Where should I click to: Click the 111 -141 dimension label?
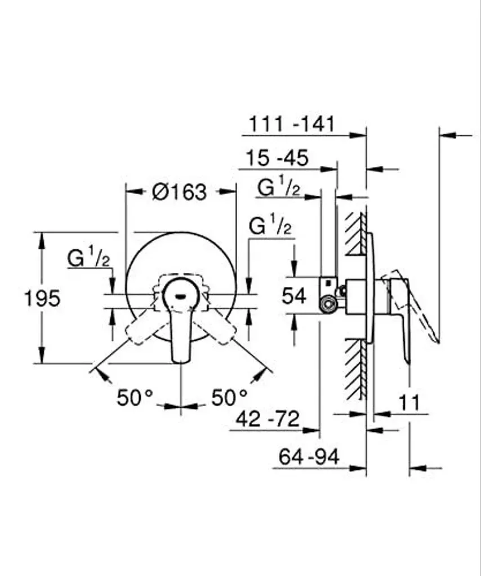pyautogui.click(x=292, y=124)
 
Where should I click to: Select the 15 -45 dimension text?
pyautogui.click(x=277, y=158)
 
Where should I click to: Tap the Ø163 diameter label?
pyautogui.click(x=180, y=192)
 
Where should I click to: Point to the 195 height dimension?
pyautogui.click(x=42, y=298)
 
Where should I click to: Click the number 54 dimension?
pyautogui.click(x=294, y=296)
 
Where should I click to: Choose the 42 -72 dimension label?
pyautogui.click(x=268, y=418)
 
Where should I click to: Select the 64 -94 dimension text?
pyautogui.click(x=309, y=457)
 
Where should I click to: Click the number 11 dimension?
pyautogui.click(x=409, y=403)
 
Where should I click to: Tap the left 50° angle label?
pyautogui.click(x=135, y=398)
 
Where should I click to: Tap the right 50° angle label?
pyautogui.click(x=229, y=398)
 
